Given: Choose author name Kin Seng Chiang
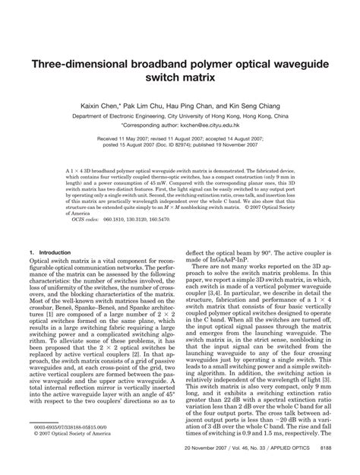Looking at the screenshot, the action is click(267, 108).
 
